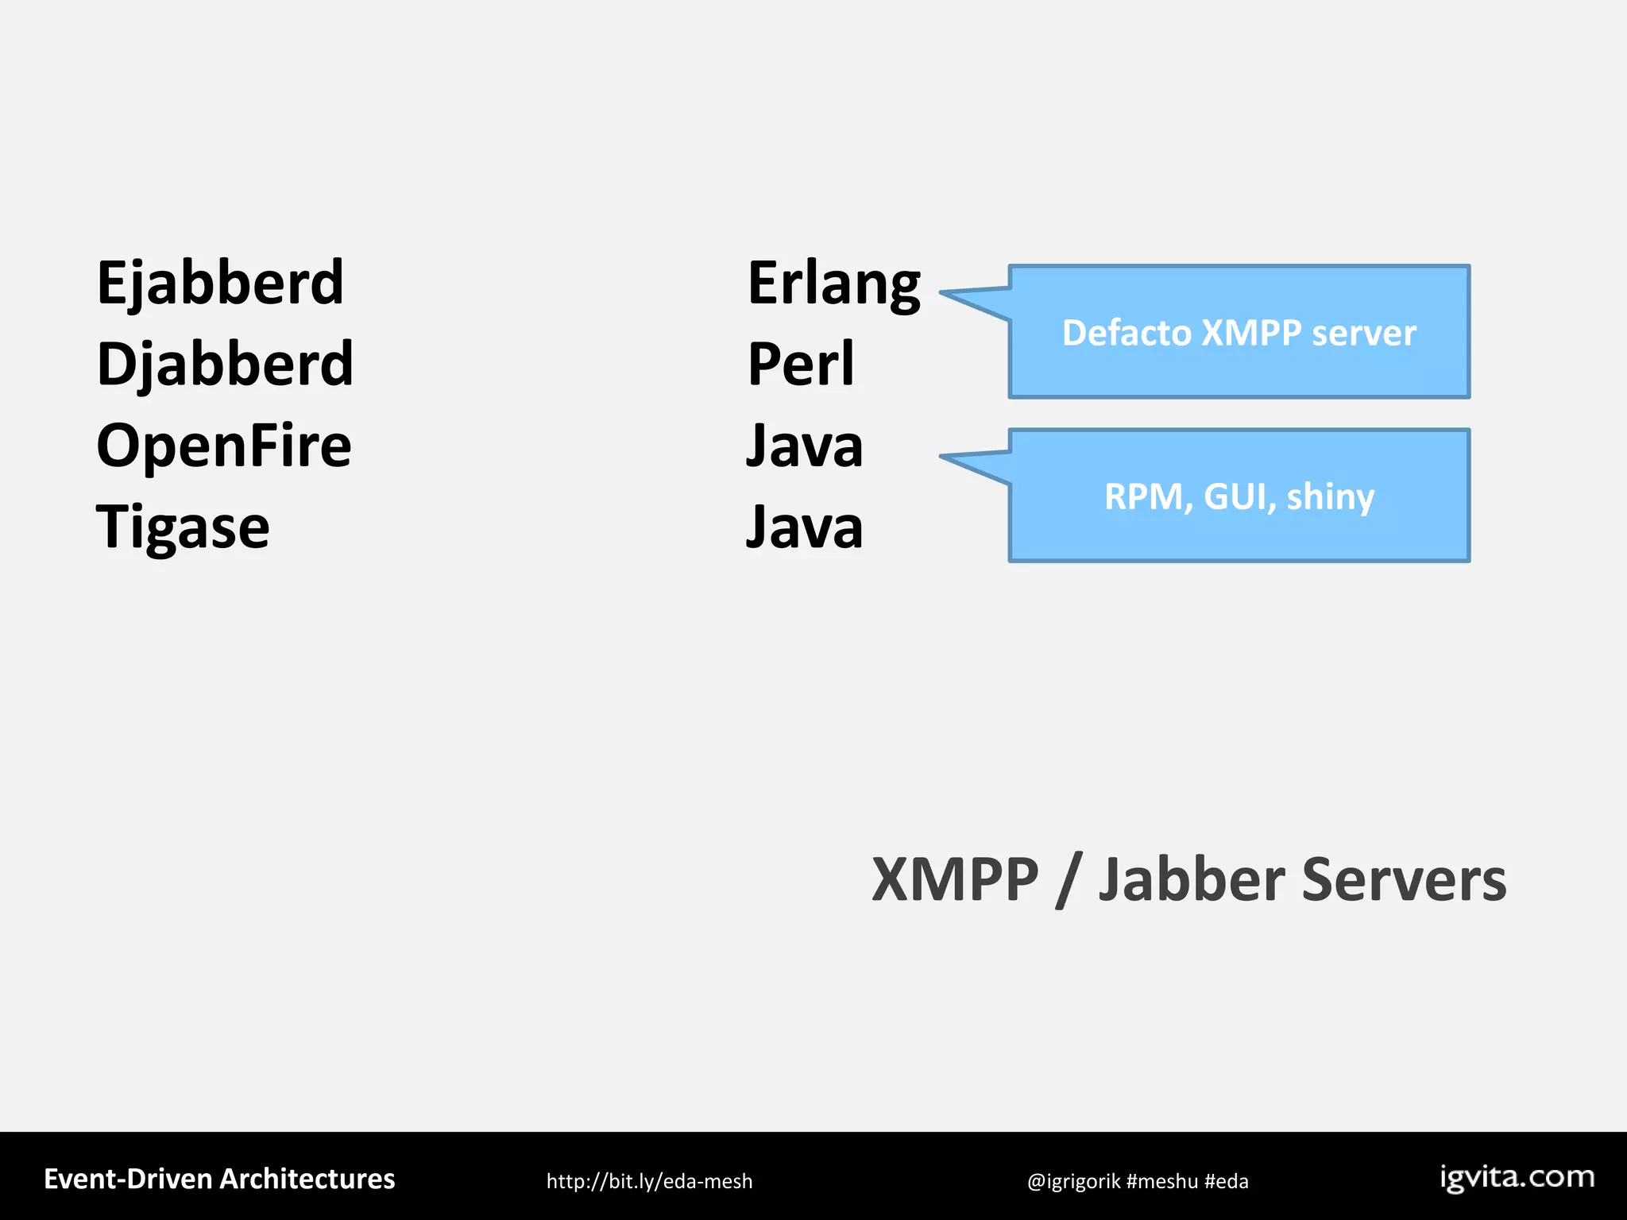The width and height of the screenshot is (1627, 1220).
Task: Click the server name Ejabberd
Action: (x=220, y=283)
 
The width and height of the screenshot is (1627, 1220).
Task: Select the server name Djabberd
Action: (x=225, y=365)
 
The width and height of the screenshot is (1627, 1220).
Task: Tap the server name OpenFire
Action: (x=223, y=446)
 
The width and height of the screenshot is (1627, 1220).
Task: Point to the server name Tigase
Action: (x=183, y=527)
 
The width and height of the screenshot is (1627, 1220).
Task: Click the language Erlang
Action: (x=833, y=284)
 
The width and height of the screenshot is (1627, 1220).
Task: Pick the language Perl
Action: (x=801, y=365)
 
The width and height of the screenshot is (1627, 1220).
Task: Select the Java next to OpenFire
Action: (x=804, y=446)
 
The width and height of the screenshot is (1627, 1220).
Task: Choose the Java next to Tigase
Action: (x=804, y=527)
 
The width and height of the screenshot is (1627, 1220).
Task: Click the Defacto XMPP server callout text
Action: (x=1239, y=333)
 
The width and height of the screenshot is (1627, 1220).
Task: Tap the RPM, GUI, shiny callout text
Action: (x=1239, y=497)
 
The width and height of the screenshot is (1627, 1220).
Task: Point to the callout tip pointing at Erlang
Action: (x=950, y=294)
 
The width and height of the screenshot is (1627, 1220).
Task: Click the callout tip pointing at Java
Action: (x=950, y=457)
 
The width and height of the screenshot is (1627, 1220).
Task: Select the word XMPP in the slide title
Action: (x=955, y=880)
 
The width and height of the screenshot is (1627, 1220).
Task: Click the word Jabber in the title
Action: (x=1192, y=880)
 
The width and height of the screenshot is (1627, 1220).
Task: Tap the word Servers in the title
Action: (x=1404, y=880)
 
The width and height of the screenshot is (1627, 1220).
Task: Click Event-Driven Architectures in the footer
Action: (x=219, y=1179)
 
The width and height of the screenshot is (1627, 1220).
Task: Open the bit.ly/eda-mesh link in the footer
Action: (x=649, y=1181)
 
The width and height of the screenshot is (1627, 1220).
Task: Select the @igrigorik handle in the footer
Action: (x=1073, y=1181)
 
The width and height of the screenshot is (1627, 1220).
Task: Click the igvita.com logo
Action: (x=1517, y=1177)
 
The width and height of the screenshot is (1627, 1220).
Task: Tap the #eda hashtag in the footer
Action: (x=1226, y=1181)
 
